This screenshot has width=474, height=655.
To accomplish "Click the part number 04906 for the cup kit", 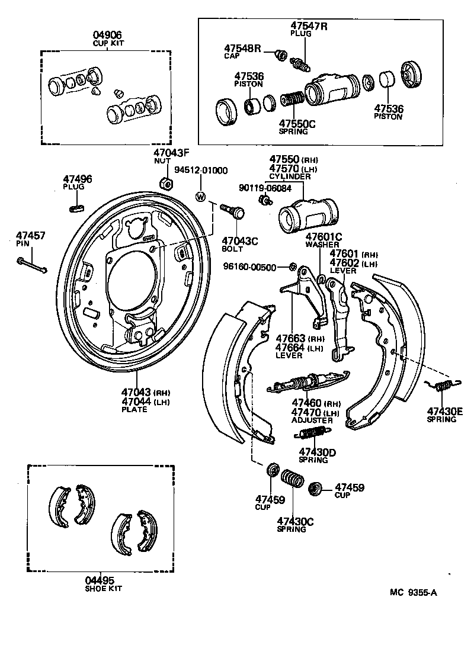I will coord(110,34).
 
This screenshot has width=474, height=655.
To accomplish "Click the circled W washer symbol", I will coord(200,197).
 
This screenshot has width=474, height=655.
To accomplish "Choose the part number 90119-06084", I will coord(265,187).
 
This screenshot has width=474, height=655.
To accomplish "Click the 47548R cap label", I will coord(242,48).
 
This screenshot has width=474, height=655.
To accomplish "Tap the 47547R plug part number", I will coord(308,25).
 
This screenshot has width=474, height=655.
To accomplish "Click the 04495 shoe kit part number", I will coord(99,580).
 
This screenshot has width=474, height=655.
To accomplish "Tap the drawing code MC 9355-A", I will coord(413,592).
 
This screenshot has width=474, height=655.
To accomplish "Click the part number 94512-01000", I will coord(204,171).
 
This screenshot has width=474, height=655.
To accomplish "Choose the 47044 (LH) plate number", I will coord(137,401).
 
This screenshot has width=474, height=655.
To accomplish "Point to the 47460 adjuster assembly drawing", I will coord(308,383).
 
